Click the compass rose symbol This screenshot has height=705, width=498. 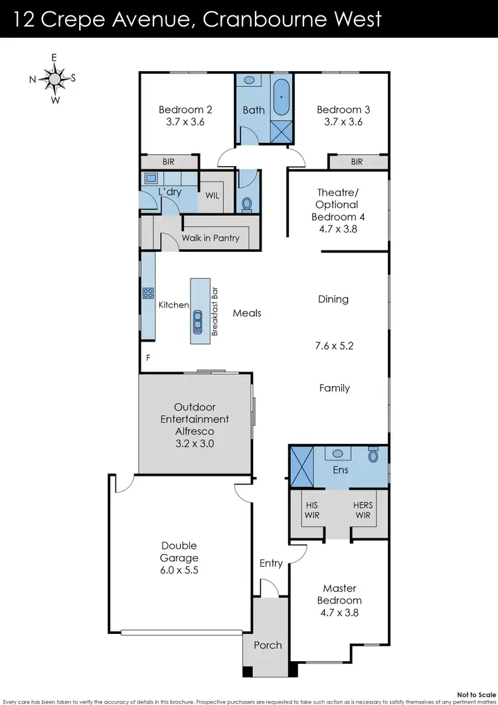(53, 78)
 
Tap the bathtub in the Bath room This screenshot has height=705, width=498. (282, 98)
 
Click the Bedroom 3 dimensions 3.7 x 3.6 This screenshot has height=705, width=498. (343, 122)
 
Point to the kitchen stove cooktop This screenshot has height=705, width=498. (147, 292)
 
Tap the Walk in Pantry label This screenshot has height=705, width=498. (210, 238)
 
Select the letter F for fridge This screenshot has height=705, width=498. (148, 358)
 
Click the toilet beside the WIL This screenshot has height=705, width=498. (248, 204)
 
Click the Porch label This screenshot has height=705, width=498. (268, 645)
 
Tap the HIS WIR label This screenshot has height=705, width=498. (311, 510)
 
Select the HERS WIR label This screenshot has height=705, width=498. (363, 510)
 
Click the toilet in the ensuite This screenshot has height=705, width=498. (374, 456)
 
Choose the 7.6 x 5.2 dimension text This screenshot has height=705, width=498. (334, 346)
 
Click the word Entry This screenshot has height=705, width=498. (271, 563)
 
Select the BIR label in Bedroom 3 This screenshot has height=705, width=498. (357, 161)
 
